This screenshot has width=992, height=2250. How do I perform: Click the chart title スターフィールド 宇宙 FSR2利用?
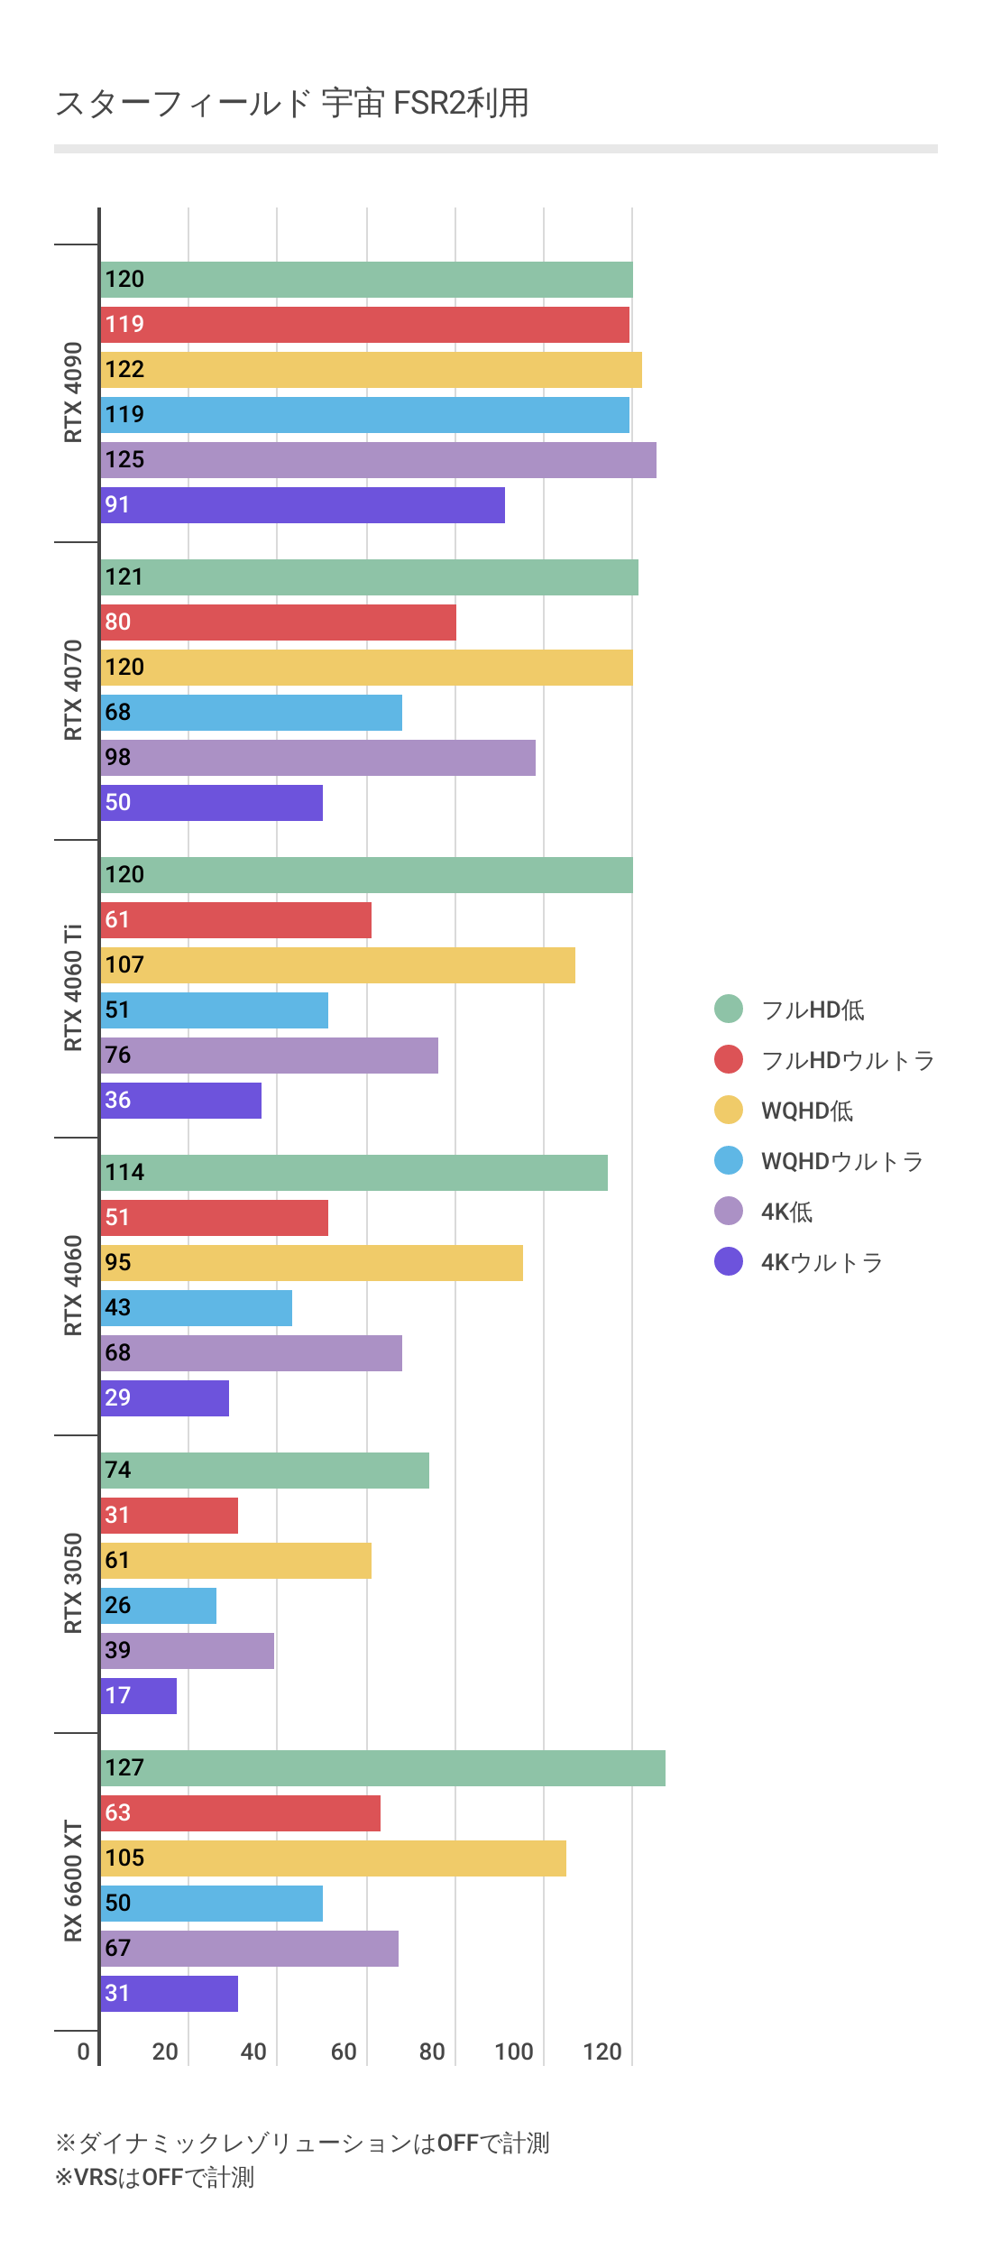292,104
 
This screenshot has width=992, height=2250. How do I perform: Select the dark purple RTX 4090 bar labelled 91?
302,505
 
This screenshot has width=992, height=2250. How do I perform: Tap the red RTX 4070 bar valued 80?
278,622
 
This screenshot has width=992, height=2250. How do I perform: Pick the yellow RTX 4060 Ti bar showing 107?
337,965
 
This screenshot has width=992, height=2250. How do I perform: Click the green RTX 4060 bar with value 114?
354,1173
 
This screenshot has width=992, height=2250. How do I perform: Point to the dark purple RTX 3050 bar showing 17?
138,1696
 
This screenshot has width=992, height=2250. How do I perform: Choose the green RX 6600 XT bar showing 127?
382,1768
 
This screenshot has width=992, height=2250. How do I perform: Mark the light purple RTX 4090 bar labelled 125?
378,460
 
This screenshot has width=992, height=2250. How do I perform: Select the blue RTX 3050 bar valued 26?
158,1606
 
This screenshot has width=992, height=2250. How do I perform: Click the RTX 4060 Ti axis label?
73,988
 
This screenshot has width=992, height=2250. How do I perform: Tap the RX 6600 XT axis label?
73,1881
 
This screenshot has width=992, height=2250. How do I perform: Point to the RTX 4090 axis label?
73,392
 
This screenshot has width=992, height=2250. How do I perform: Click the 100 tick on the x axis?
514,2052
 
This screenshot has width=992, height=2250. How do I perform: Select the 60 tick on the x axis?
344,2052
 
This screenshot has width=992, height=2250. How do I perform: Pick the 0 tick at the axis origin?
83,2052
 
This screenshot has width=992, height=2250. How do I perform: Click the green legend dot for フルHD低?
729,1009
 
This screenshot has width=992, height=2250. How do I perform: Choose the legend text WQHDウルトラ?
842,1161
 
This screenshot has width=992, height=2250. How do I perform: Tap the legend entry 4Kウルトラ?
821,1262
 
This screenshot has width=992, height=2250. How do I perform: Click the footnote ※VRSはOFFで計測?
155,2178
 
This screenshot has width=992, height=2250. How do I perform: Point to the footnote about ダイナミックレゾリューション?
302,2143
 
